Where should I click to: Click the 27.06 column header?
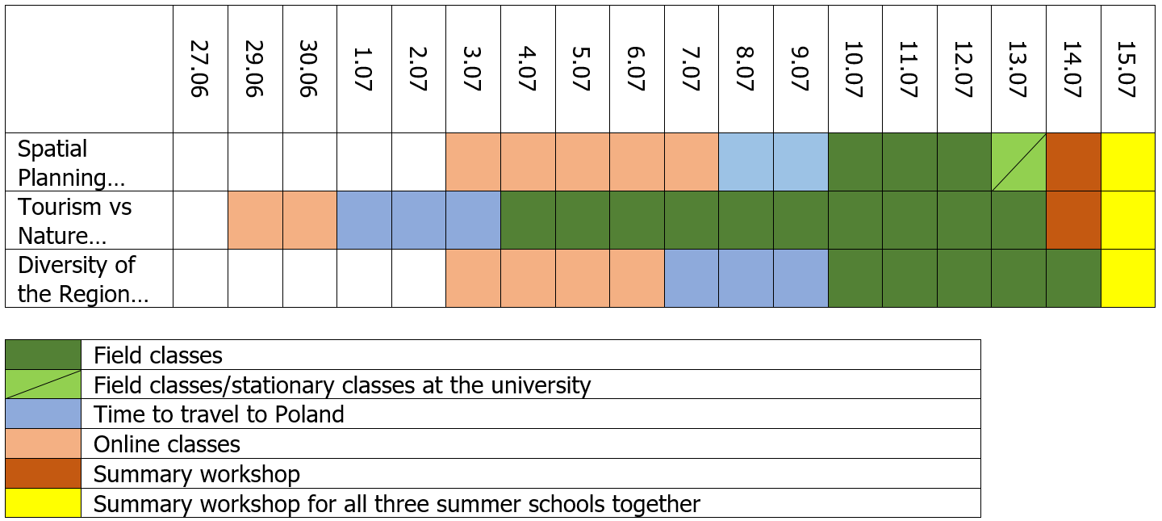point(200,69)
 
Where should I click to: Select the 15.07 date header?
point(1127,69)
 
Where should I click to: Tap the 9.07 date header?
point(800,69)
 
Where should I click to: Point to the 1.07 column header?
point(364,69)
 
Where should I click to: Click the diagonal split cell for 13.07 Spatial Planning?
point(1018,162)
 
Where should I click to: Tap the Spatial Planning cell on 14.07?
point(1073,162)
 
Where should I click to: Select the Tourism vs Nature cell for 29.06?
point(255,221)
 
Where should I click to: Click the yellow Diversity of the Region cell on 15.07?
point(1127,279)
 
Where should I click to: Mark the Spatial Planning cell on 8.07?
point(746,162)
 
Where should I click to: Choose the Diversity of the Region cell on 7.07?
point(692,279)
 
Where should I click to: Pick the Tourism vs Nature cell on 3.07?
point(473,221)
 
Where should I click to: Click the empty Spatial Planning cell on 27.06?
point(200,162)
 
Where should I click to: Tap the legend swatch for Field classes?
point(44,355)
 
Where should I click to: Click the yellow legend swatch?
point(44,503)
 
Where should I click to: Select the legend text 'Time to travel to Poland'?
point(219,414)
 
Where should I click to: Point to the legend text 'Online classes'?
point(167,444)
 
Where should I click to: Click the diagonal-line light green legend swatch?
point(44,384)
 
